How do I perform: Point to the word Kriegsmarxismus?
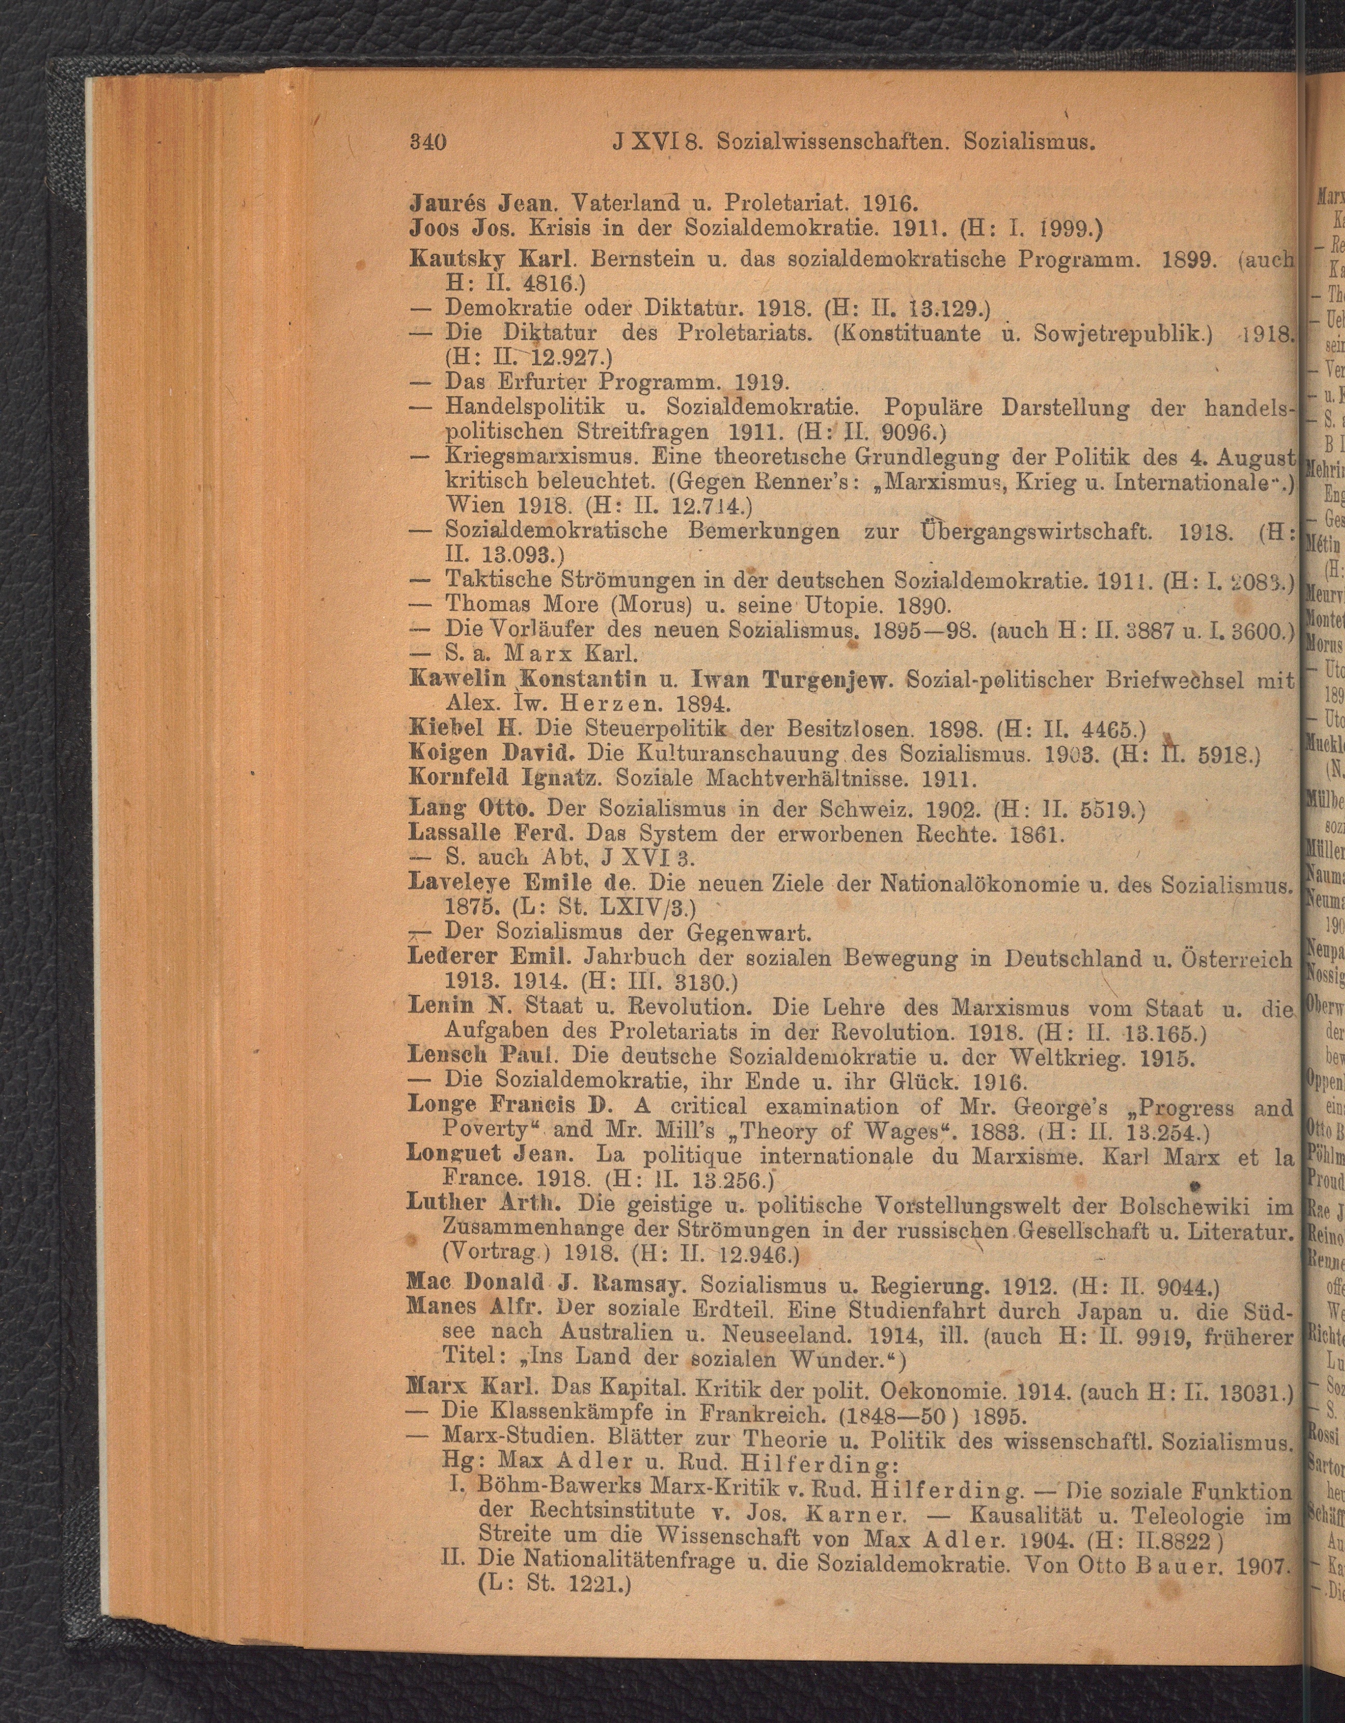point(541,456)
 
